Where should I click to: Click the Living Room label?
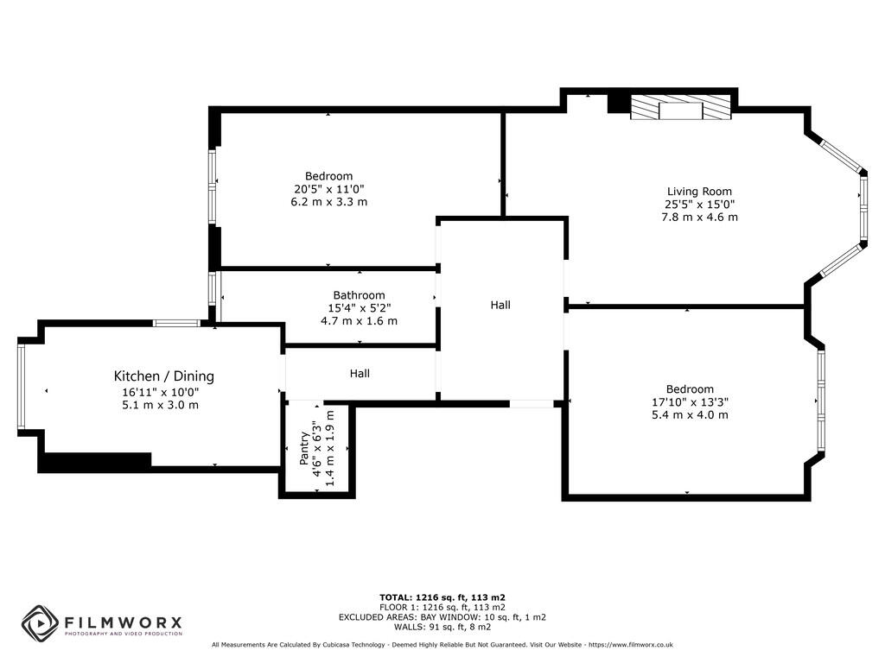[699, 192]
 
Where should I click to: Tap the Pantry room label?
[304, 450]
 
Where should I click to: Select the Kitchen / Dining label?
[164, 376]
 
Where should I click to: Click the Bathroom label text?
[359, 295]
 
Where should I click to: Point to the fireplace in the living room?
[680, 108]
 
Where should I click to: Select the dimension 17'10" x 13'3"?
[690, 401]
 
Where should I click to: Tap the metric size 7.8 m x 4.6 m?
[699, 218]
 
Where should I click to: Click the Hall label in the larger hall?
[500, 305]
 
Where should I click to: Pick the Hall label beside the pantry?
[360, 374]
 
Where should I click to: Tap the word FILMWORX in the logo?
[121, 622]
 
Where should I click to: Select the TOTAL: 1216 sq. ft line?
[442, 597]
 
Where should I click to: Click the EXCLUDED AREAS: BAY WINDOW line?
[442, 617]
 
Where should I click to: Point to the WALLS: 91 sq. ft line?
[442, 628]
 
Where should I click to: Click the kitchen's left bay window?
[21, 386]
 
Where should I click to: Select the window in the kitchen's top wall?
[176, 323]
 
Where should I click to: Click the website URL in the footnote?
[630, 645]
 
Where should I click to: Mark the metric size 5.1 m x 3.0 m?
[161, 404]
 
